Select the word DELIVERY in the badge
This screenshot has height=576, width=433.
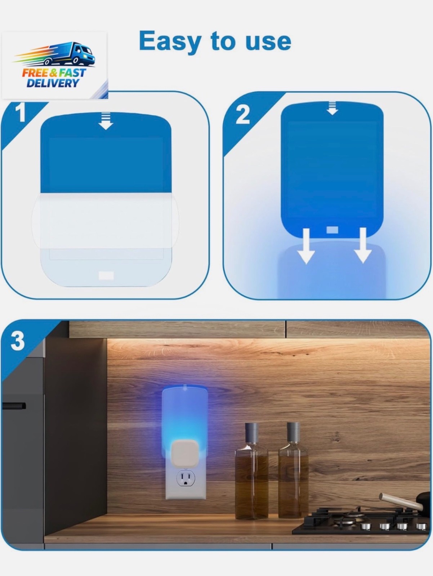pyautogui.click(x=53, y=83)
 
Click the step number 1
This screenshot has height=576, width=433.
pyautogui.click(x=21, y=112)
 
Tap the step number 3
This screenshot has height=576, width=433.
pyautogui.click(x=17, y=341)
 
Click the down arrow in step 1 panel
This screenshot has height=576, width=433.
pyautogui.click(x=106, y=121)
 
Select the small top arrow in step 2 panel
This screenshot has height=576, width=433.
pyautogui.click(x=332, y=108)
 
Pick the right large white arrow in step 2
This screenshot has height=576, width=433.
pyautogui.click(x=363, y=245)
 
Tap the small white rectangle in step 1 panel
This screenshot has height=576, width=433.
pyautogui.click(x=106, y=275)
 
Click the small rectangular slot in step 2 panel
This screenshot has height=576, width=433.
pyautogui.click(x=332, y=230)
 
